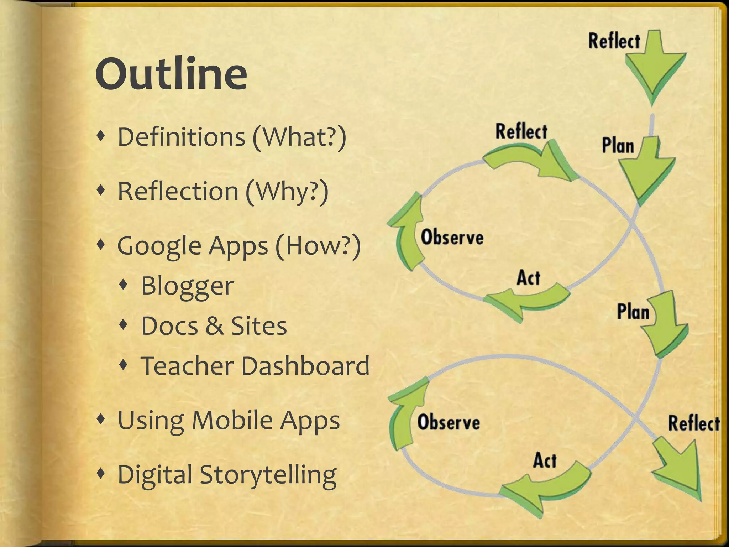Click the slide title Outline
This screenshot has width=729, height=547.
tap(171, 74)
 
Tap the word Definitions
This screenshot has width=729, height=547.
tap(181, 137)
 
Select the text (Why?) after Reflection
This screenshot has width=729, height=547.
tap(287, 192)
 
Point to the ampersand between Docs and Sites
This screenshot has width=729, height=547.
tap(214, 326)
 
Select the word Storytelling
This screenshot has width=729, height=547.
tap(268, 475)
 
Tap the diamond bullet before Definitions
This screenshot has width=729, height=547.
tap(101, 136)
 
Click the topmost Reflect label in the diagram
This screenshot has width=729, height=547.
tap(614, 41)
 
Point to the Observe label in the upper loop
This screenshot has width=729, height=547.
tap(452, 237)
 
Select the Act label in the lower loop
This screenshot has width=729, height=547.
tap(545, 460)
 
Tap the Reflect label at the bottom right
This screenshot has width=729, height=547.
tap(694, 423)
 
